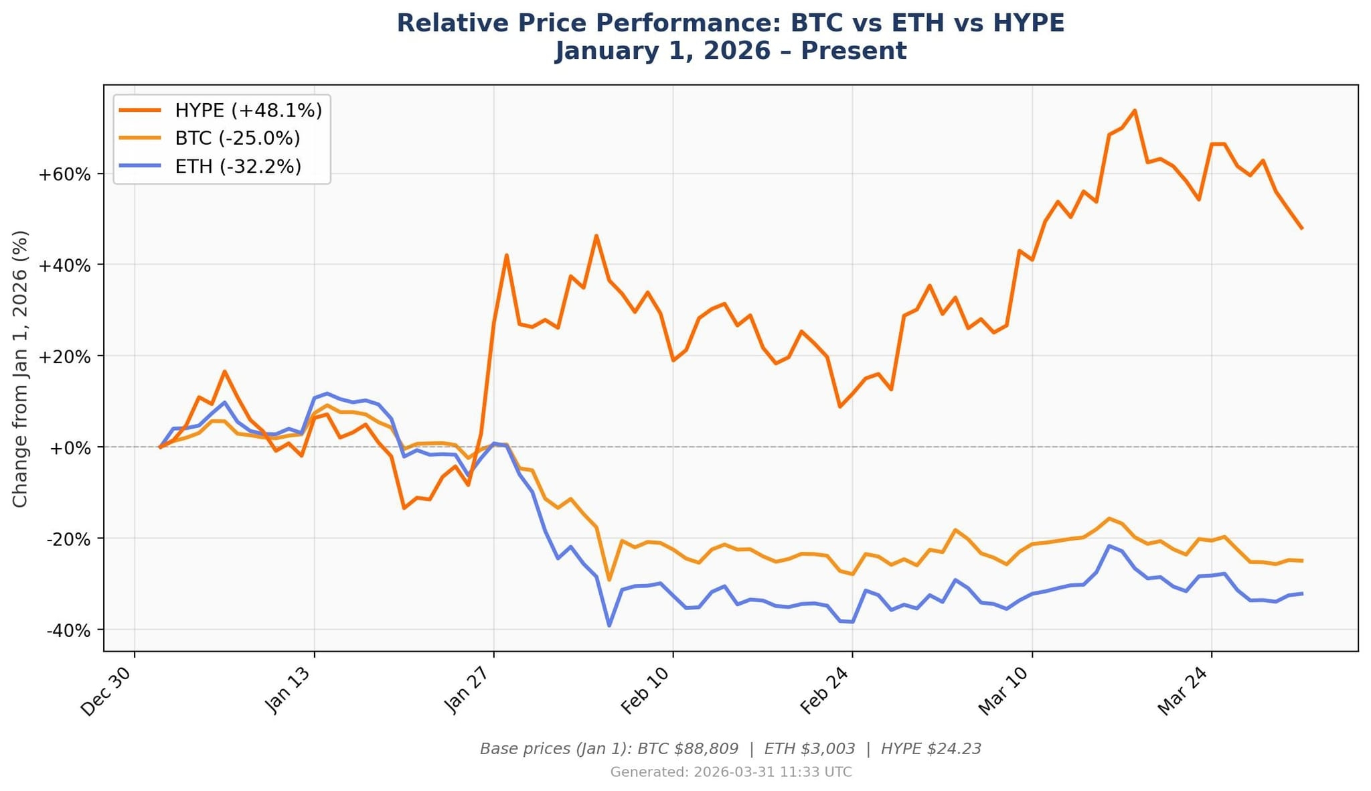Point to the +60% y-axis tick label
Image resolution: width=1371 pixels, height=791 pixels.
pos(64,175)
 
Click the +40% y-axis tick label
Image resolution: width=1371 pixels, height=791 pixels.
pos(64,266)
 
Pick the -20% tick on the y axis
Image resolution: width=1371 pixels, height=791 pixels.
pos(68,539)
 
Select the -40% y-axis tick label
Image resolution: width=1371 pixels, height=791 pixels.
pos(68,630)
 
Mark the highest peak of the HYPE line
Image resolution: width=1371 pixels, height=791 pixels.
pos(1134,111)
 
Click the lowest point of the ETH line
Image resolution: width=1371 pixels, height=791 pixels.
pos(609,626)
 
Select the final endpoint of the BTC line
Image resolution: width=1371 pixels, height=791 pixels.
pos(1301,561)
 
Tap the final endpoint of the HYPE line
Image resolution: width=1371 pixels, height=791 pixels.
pos(1301,228)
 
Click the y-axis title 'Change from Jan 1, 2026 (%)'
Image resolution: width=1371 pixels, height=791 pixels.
pos(21,369)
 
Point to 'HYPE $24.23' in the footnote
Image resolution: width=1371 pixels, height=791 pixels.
pos(931,749)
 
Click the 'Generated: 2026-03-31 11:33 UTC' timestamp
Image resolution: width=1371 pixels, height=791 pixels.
pos(731,772)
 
